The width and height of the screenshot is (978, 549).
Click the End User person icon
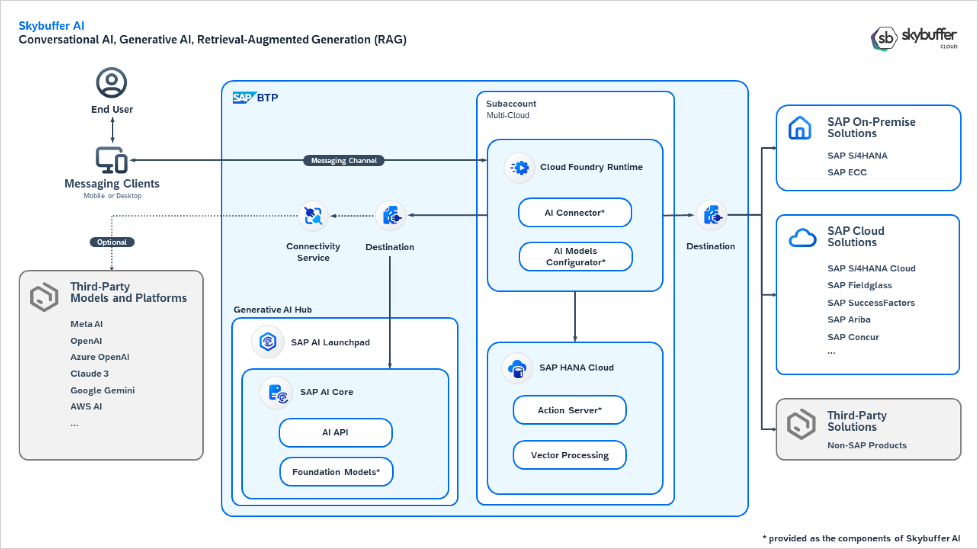(112, 82)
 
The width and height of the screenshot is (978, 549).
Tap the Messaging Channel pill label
(344, 161)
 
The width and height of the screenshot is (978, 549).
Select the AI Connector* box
(575, 213)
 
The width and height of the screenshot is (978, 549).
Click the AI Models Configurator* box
(576, 256)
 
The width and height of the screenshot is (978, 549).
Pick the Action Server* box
(569, 410)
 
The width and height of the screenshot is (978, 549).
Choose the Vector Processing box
(569, 455)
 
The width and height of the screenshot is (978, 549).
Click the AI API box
(336, 432)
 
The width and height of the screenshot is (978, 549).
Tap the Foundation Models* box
(336, 472)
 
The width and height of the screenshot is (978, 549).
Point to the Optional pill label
(112, 242)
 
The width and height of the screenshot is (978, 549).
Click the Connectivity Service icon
(313, 216)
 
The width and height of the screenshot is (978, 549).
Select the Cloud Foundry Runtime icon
(519, 168)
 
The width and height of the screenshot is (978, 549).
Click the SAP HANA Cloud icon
(517, 368)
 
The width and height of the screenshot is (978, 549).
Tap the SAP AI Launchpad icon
(268, 342)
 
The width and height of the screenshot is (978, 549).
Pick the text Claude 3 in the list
(90, 373)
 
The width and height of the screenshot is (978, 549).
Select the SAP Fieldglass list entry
(860, 285)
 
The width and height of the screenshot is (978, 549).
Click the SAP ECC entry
(847, 172)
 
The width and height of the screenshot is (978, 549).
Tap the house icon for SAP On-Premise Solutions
(800, 128)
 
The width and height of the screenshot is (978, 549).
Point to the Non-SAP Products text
(867, 445)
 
